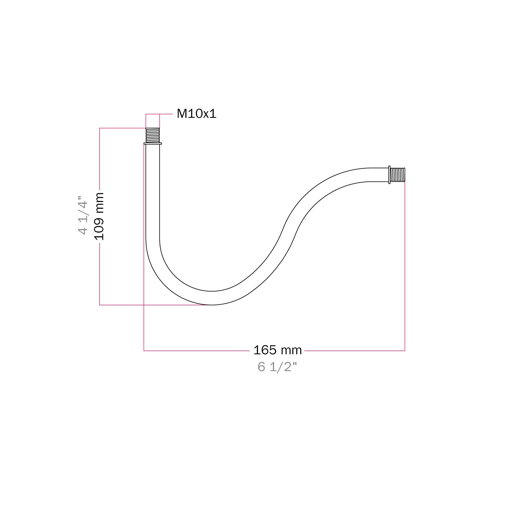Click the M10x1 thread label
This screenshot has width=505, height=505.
pos(197,114)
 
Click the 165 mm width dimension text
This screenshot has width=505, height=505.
pos(277,350)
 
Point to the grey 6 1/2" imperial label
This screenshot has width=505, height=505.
pos(277,367)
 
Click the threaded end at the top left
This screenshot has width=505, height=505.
pos(153,135)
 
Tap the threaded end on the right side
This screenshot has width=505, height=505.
pos(398,175)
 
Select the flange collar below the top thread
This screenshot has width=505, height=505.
pos(153,144)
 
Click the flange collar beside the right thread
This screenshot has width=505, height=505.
pos(389,175)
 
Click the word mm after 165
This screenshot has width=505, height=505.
pos(291,350)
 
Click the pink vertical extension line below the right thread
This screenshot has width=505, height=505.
pos(405,269)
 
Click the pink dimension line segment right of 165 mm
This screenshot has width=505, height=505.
pos(353,351)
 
